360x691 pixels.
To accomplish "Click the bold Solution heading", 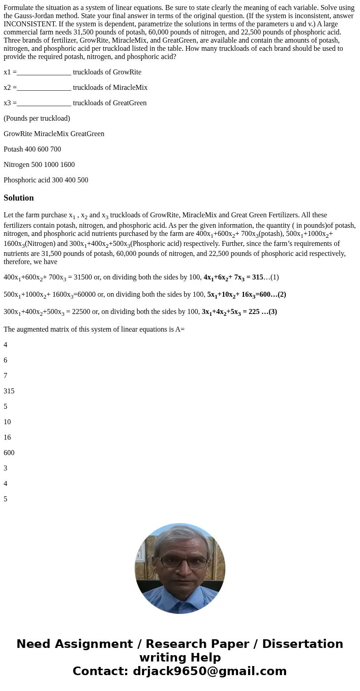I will pos(19,198).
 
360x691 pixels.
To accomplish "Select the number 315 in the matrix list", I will pos(9,391).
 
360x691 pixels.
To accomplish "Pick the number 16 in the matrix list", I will pos(7,437).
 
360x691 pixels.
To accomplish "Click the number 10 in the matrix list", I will pos(7,422).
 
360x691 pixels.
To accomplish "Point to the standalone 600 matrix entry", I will pos(9,453).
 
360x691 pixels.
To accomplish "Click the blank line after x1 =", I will pos(44,72).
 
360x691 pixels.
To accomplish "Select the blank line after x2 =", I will pos(44,88).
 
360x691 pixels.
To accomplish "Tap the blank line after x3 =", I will pos(44,103).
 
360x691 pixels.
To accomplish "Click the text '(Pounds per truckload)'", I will pos(37,118).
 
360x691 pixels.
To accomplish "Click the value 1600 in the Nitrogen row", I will pos(68,165).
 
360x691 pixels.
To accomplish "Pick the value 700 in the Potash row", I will pos(55,149).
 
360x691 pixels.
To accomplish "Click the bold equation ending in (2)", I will pos(246,294).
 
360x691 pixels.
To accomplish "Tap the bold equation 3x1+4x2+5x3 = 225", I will pos(239,312).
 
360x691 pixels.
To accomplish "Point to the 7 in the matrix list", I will pos(5,376).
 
